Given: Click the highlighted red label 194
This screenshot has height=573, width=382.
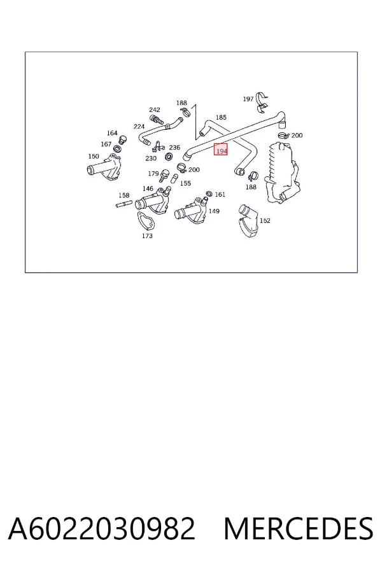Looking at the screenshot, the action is click(x=221, y=150).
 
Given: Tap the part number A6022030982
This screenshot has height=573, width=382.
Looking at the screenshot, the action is click(x=102, y=528).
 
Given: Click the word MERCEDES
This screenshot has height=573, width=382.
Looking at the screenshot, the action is click(x=299, y=528).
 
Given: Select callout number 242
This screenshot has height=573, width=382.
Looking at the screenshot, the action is click(x=155, y=110).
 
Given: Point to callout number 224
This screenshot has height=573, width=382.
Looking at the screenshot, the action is click(x=139, y=127).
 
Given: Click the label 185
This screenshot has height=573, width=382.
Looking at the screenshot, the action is click(x=221, y=117).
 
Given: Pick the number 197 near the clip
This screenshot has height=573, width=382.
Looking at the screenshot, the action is click(x=248, y=99).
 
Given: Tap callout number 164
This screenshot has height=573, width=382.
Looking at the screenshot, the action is click(x=112, y=133).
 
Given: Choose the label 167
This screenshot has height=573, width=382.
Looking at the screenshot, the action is click(x=106, y=145).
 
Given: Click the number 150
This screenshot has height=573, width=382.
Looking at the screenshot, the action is click(x=94, y=157).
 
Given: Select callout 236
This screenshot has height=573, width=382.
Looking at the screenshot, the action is click(x=174, y=147).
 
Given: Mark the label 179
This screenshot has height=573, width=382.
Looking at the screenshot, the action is click(x=153, y=174).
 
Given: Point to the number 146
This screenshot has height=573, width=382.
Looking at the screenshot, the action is click(x=148, y=188).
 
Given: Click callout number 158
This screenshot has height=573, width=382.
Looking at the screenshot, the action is click(x=124, y=195).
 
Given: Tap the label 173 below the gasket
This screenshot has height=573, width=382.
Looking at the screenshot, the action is click(x=147, y=236).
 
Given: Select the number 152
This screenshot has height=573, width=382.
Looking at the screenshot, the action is click(x=265, y=220).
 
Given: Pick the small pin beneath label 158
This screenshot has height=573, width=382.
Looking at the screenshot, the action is click(x=124, y=204).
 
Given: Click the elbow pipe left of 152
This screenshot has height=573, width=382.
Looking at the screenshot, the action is click(x=248, y=221).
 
